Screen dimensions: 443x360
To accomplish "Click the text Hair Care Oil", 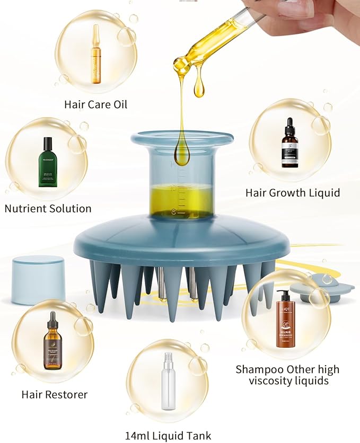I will click(x=95, y=104).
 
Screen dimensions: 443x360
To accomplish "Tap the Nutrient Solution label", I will click(x=48, y=208).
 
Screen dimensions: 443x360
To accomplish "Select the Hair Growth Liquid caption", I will click(x=292, y=193).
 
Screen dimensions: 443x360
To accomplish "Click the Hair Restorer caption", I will click(x=54, y=394).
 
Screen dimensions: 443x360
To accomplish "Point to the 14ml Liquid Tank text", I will click(x=168, y=436).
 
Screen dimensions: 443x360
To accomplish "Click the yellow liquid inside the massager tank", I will click(x=181, y=200).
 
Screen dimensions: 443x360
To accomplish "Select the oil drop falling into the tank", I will click(x=182, y=154).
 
